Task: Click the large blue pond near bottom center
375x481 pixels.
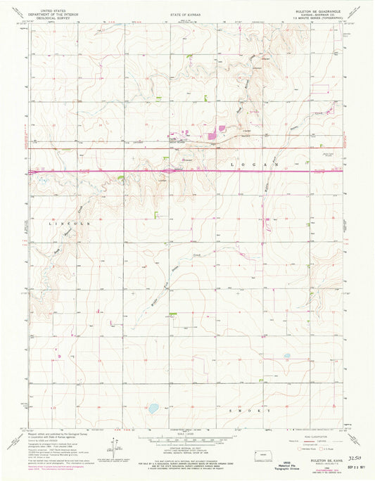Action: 153,407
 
